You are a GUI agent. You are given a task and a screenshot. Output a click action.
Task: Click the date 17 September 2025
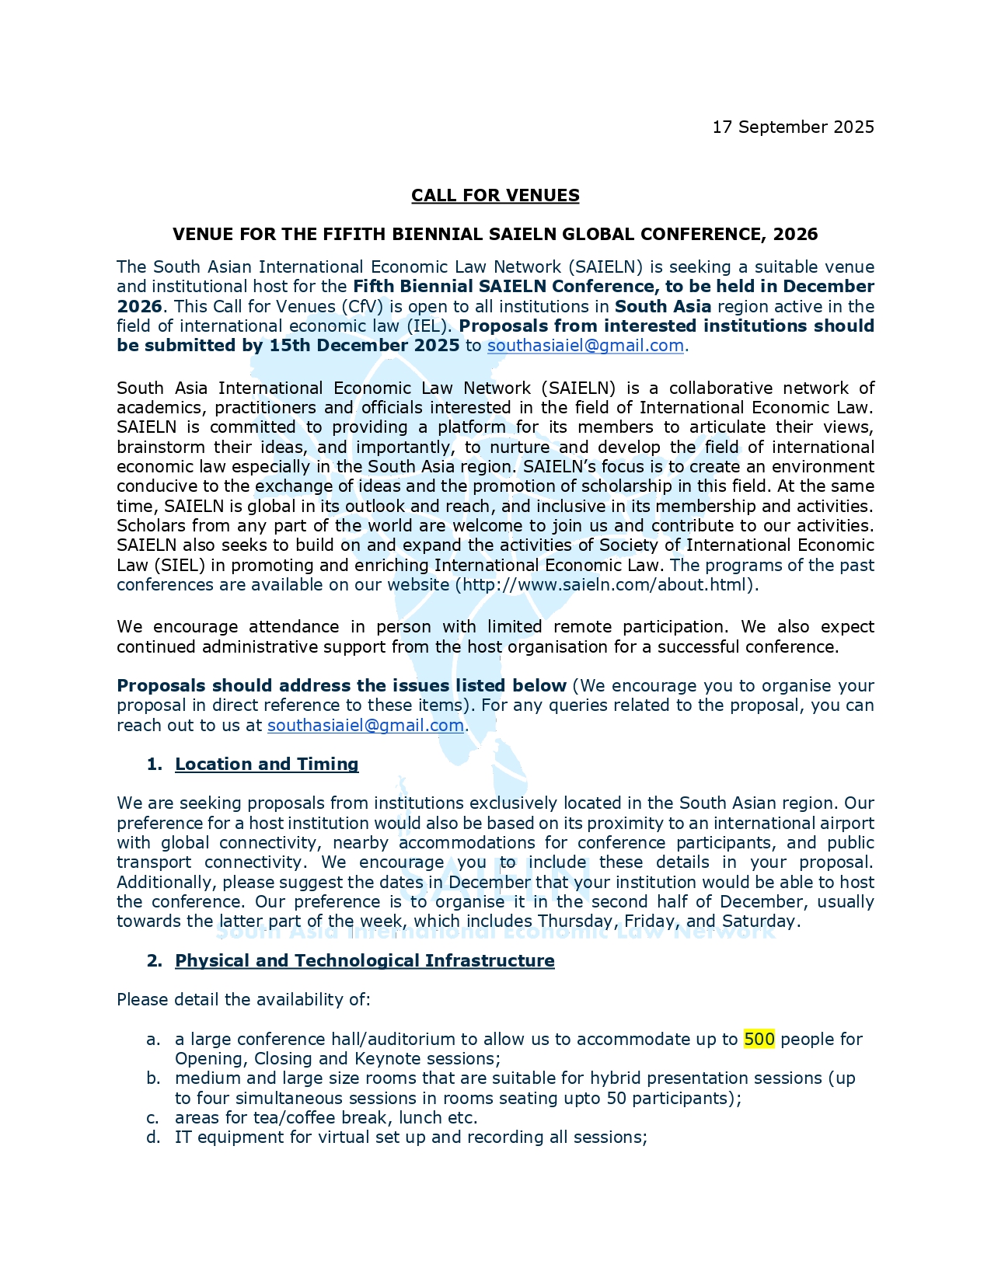793,127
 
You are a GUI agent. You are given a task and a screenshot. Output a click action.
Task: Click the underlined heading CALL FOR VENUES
495,195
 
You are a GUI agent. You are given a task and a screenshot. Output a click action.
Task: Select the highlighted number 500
759,1039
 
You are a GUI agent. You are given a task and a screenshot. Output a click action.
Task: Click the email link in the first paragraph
585,345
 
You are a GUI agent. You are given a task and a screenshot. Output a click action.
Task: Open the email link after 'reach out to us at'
365,725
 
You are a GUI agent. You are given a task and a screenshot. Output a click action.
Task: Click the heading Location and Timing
267,764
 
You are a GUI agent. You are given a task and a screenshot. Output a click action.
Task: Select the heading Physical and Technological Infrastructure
365,960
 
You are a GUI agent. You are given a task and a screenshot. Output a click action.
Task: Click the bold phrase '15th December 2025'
365,345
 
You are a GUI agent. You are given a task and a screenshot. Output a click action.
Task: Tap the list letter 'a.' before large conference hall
153,1040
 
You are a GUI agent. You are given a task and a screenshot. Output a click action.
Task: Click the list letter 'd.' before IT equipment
153,1137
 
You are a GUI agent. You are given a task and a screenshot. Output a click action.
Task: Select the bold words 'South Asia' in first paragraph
662,306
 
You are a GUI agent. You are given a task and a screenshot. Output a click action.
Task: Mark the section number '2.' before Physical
154,960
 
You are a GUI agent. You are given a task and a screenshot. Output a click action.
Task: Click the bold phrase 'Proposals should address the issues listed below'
341,685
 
